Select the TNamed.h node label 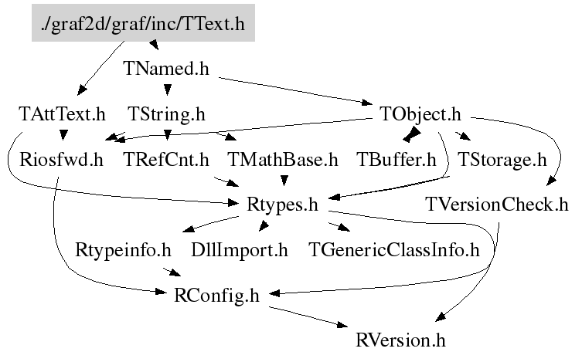[x=167, y=68]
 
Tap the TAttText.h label [x=62, y=115]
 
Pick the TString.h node [x=167, y=115]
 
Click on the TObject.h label [x=421, y=115]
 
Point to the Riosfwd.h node [x=62, y=161]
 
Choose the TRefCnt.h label [x=167, y=161]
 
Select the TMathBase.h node [x=284, y=161]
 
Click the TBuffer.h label [x=397, y=161]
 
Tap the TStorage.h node [x=502, y=161]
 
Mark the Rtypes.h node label [x=283, y=205]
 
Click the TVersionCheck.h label [x=497, y=205]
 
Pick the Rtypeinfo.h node [x=124, y=250]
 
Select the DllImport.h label [x=240, y=250]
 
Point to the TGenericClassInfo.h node [x=394, y=250]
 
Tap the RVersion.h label [x=402, y=340]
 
